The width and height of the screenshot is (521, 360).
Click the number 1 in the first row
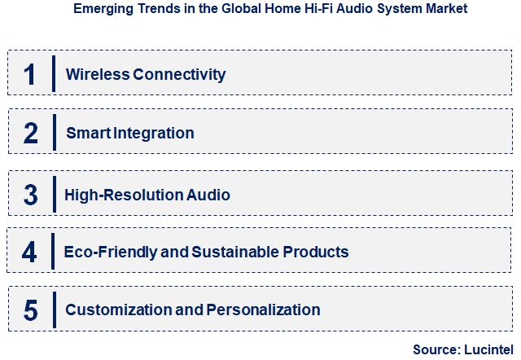click(x=30, y=74)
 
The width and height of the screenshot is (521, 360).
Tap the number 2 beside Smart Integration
click(x=31, y=133)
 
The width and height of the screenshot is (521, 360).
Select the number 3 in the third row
click(x=30, y=195)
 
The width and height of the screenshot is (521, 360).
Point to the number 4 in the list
click(x=30, y=252)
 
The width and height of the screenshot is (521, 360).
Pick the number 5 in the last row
click(x=31, y=310)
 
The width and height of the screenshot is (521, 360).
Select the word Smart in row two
click(x=85, y=133)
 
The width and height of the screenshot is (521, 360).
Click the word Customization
click(x=120, y=310)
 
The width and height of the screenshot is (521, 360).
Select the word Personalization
click(x=263, y=310)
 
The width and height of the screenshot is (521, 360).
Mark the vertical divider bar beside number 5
click(x=54, y=310)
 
